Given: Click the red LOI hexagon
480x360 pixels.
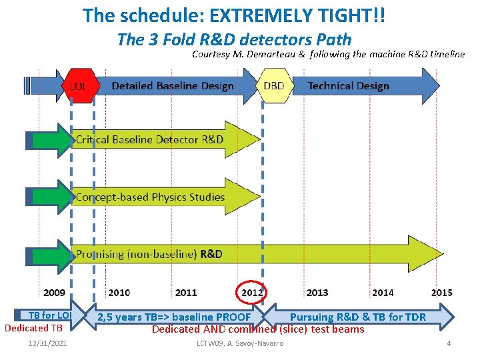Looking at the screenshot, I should point(77,86).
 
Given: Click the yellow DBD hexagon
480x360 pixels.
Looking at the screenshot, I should point(273,86).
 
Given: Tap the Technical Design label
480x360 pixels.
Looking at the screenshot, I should point(349,86).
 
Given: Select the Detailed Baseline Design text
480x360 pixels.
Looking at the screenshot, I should point(173,86).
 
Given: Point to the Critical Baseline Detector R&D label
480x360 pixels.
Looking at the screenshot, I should point(149,140).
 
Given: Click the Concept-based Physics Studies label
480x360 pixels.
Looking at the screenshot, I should point(150,197).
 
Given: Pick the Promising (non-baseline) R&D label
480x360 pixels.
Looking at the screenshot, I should point(149,254).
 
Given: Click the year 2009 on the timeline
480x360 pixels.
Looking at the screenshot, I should point(55,293).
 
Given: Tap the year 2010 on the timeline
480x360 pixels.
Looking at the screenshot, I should point(119,293).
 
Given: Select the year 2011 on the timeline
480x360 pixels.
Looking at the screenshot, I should point(186,293).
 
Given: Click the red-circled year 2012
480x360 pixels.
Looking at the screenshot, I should point(253,292).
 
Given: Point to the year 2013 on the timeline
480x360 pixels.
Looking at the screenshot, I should point(317,293).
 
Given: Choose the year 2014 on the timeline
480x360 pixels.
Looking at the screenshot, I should point(383,293).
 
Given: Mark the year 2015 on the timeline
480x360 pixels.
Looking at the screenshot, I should point(441,293).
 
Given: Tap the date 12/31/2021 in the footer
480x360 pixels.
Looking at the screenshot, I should point(47,343).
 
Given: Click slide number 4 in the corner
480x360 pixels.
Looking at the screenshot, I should point(449,343).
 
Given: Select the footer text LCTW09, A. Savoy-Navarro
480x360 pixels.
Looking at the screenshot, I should point(240,343).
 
